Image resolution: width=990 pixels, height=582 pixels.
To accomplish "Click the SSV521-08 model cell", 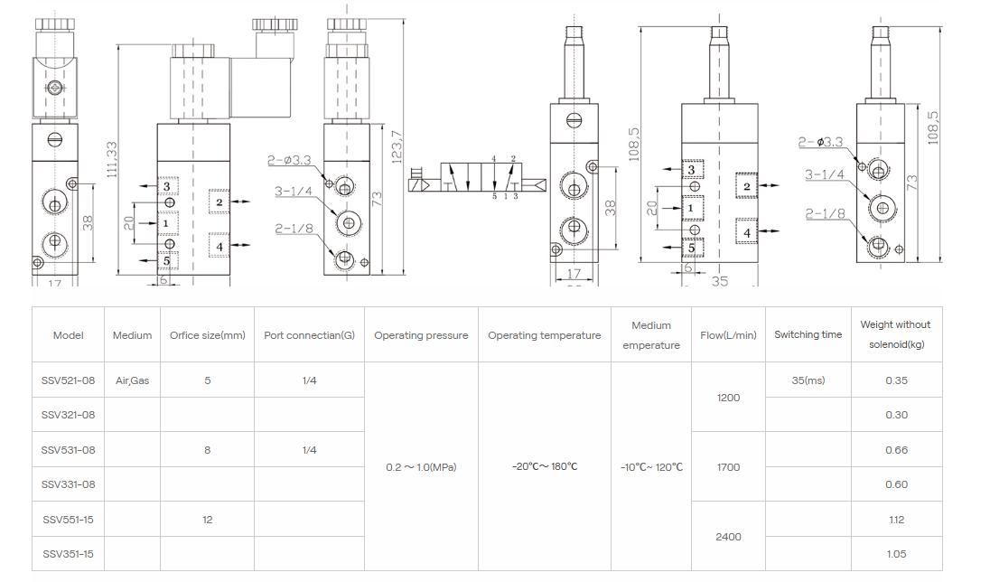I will coord(68,380).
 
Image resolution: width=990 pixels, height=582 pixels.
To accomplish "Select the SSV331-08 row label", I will coord(68,484).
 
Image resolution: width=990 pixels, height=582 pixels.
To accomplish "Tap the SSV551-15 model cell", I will coord(68,520).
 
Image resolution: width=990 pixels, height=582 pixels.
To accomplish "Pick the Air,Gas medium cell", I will coord(132,380).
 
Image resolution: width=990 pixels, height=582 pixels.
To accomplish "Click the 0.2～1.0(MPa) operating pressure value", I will coord(421,467).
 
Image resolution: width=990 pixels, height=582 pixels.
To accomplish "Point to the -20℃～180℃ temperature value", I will coord(544,467).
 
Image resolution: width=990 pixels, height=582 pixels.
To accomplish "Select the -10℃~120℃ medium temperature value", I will coord(651,467).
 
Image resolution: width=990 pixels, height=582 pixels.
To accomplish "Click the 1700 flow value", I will coord(728,467).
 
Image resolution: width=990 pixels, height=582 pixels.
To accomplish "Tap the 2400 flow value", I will coord(728,537).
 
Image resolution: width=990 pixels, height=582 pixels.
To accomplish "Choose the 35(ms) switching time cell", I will coord(808,380).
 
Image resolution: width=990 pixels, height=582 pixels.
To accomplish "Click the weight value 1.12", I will coord(896,520).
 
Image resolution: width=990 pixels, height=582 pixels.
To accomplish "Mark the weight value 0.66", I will coord(896,450).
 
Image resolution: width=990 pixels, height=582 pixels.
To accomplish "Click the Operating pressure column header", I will coord(421,335).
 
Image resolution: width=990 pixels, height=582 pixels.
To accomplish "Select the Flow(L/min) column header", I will coord(728,335).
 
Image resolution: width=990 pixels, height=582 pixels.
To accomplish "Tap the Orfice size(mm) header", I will coord(207,335).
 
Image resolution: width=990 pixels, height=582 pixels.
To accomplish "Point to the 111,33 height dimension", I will coord(112,159).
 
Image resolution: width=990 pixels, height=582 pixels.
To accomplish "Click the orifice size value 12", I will coord(207,520).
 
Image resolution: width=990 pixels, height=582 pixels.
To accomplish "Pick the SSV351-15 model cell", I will coord(68,554).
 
